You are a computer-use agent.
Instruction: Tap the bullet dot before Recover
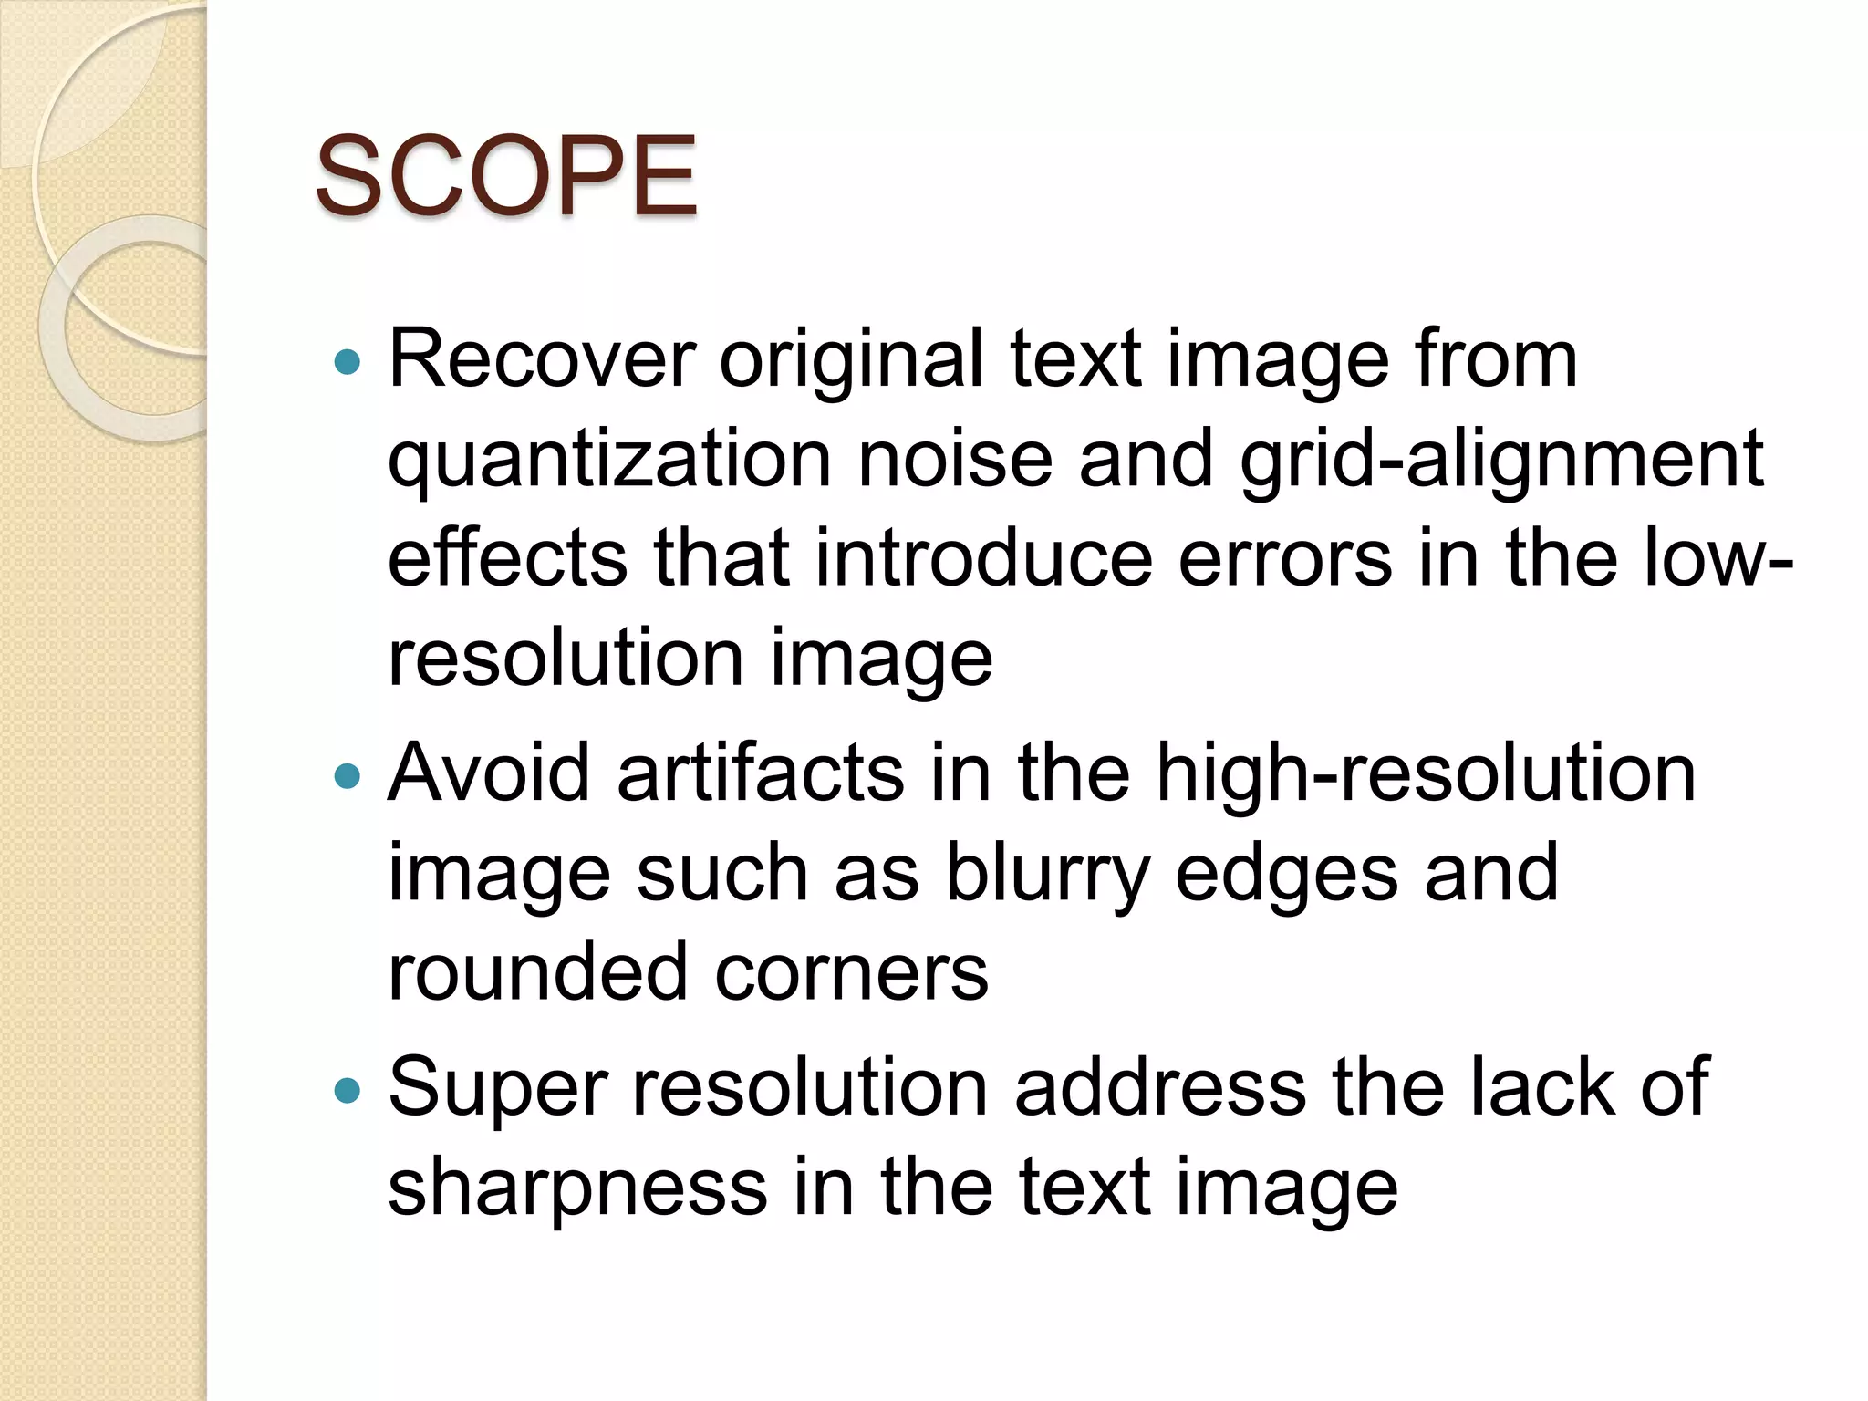(x=348, y=363)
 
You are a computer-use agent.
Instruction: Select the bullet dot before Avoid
(x=348, y=776)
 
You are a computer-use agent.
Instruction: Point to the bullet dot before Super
(x=348, y=1090)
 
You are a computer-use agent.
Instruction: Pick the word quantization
(x=609, y=461)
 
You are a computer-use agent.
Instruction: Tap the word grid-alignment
(x=1501, y=461)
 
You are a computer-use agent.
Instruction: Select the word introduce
(x=983, y=558)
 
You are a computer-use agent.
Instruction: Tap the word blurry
(x=1047, y=875)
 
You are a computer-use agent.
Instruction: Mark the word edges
(x=1286, y=875)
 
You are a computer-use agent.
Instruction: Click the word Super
(x=498, y=1088)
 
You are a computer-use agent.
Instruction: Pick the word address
(x=1160, y=1088)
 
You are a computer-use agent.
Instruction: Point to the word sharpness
(x=577, y=1188)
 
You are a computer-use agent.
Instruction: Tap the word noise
(x=955, y=461)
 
